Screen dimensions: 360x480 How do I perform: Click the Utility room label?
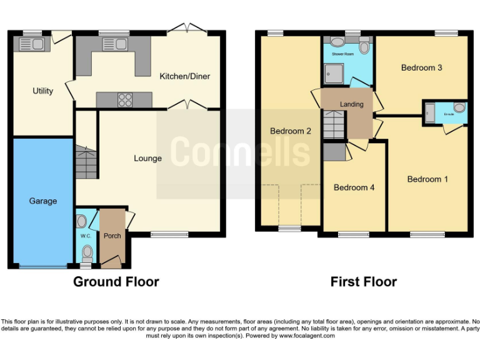tap(43, 91)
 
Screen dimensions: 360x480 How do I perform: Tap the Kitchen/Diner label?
tap(185, 76)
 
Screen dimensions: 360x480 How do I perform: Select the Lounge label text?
tap(147, 159)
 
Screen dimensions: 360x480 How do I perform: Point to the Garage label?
tap(42, 201)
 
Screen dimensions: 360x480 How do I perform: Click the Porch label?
tap(112, 236)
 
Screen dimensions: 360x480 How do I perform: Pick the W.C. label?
tap(85, 236)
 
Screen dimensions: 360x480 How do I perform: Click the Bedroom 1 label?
tap(427, 179)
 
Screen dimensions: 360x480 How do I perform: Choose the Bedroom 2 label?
tap(291, 131)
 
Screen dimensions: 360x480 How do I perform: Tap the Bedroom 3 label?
tap(422, 67)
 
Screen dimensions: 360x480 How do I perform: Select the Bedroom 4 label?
tap(354, 187)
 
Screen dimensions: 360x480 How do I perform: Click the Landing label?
tap(351, 104)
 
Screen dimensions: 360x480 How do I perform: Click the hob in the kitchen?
tap(125, 100)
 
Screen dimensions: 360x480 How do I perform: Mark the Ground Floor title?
tap(116, 282)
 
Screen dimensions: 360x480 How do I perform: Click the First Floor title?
tap(363, 282)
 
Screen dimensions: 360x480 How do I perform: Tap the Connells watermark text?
tap(240, 152)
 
